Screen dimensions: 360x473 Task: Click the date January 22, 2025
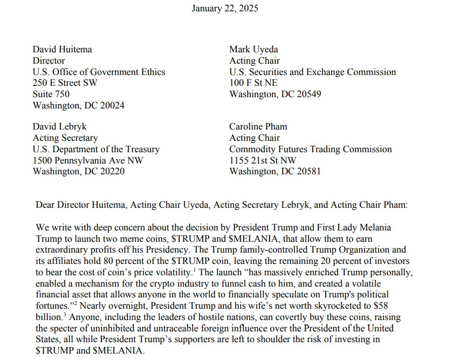[225, 8]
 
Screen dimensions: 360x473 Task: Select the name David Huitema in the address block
[62, 49]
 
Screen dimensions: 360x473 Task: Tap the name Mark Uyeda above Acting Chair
[255, 49]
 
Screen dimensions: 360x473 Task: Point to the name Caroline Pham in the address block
[258, 126]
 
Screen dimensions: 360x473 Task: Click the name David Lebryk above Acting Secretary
[59, 126]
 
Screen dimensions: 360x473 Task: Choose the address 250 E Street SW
[65, 83]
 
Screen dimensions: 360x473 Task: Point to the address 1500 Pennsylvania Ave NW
[88, 160]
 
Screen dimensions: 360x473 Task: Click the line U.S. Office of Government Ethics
[99, 72]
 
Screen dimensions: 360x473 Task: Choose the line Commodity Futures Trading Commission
[311, 149]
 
